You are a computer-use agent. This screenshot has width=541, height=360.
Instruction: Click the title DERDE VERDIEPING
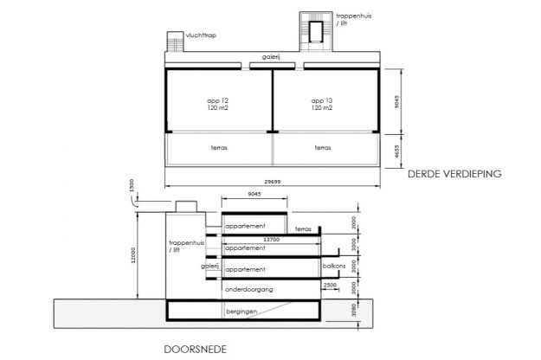(454, 175)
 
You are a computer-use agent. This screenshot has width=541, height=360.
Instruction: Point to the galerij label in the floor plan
(272, 58)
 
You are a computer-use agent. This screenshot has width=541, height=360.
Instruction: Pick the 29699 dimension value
(272, 181)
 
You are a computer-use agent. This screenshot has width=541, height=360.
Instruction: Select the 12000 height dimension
(134, 254)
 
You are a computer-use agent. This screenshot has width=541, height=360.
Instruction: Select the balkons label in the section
(334, 267)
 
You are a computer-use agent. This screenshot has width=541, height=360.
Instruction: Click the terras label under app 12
(218, 148)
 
